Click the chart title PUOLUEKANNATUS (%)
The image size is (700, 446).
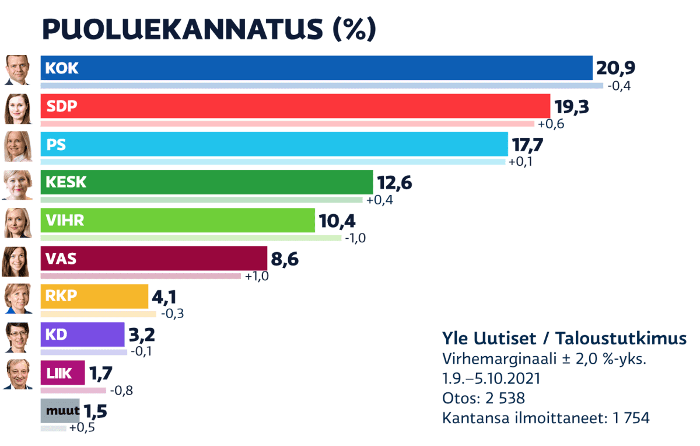(x=209, y=29)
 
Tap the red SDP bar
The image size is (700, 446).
(x=295, y=106)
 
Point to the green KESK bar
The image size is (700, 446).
(x=206, y=182)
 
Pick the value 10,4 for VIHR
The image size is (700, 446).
(x=337, y=221)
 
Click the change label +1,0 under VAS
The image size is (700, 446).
(x=257, y=276)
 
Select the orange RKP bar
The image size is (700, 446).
(x=94, y=297)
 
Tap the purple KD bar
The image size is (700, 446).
(x=82, y=334)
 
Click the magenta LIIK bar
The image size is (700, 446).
(x=62, y=373)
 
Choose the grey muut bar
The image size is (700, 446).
(x=60, y=411)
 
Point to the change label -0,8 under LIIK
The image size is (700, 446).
(x=121, y=390)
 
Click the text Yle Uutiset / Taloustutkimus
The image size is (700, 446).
(x=564, y=339)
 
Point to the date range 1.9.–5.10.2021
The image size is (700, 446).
(x=491, y=378)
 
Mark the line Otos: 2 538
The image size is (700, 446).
(x=484, y=398)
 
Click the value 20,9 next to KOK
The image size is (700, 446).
(x=615, y=69)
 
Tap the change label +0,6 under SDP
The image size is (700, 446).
(x=551, y=124)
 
